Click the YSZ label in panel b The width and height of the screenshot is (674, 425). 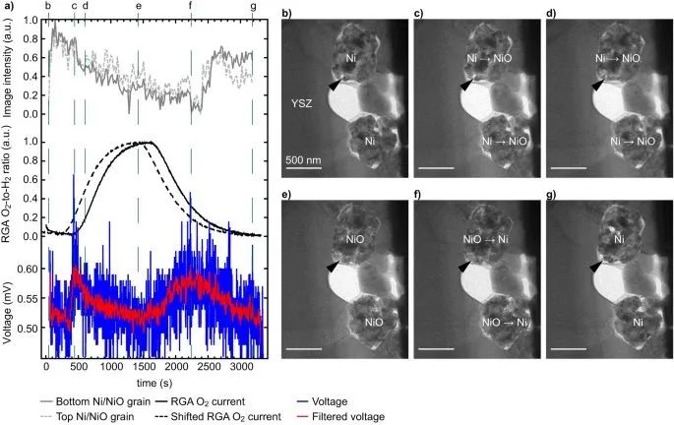pyautogui.click(x=302, y=100)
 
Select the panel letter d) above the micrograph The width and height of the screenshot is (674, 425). pyautogui.click(x=551, y=13)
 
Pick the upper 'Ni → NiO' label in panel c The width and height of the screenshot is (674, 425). pyautogui.click(x=489, y=59)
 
